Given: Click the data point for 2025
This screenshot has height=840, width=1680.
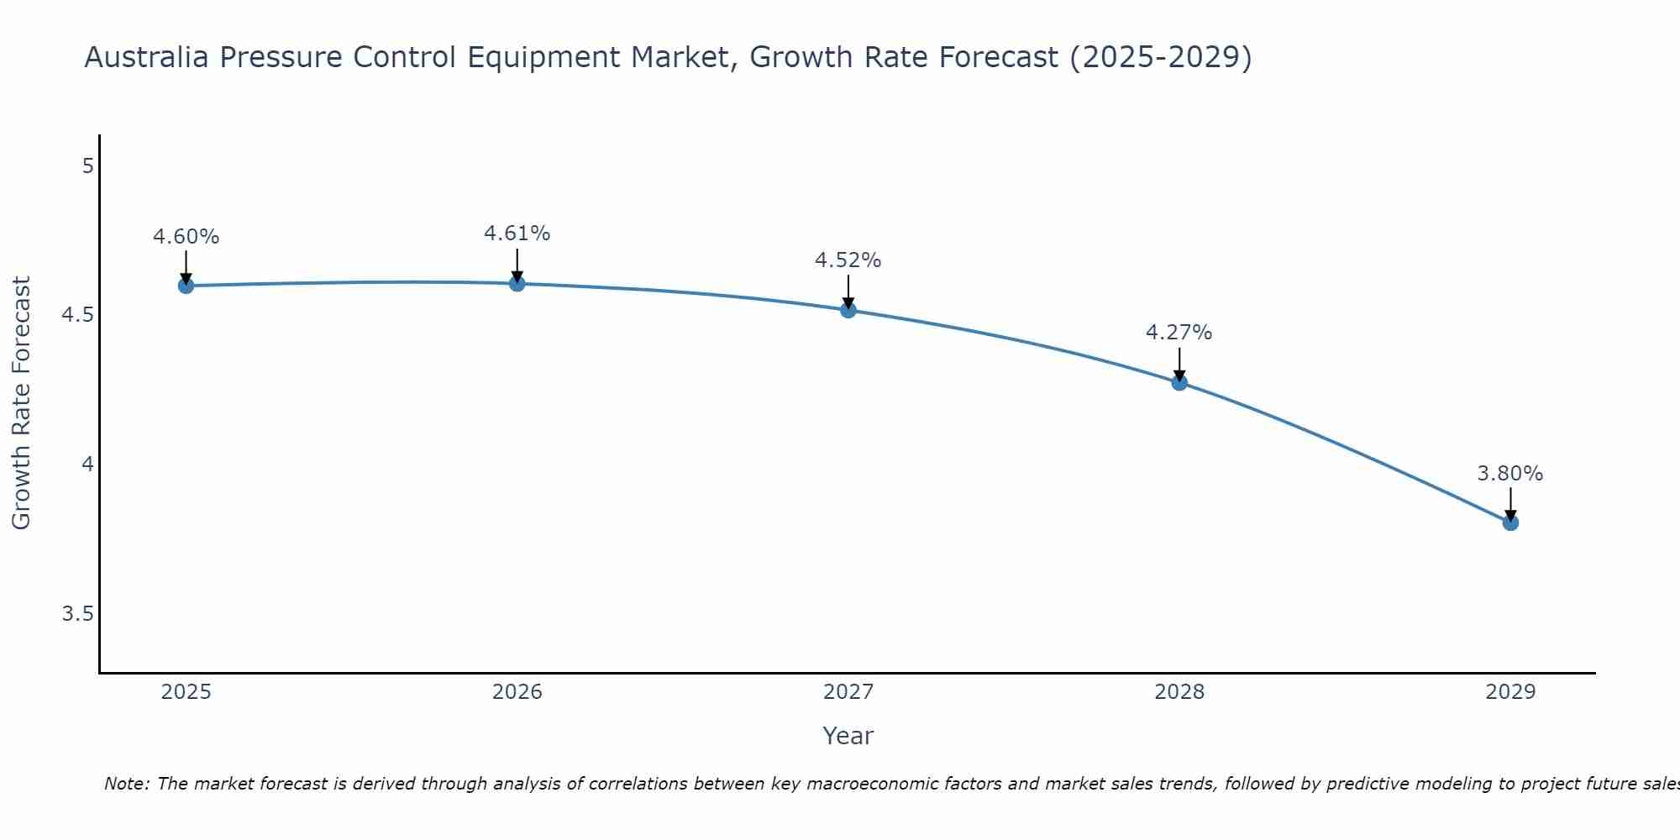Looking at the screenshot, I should click(186, 286).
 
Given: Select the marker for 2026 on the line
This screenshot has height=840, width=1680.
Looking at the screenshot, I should click(517, 284).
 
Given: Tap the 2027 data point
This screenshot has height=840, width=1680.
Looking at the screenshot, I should click(848, 310).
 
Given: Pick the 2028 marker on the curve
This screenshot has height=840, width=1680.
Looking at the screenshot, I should click(1179, 383).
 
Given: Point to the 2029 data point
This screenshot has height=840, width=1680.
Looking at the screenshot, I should click(1510, 522).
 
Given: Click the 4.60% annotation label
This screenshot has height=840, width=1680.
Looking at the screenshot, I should click(186, 237).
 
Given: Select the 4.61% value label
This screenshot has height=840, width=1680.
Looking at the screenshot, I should click(517, 234).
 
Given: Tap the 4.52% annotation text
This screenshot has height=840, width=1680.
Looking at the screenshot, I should click(848, 260).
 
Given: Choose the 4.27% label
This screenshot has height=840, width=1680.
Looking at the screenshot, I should click(1179, 333).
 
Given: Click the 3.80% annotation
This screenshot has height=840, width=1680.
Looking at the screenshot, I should click(1510, 474).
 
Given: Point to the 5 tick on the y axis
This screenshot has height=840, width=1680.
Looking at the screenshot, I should click(87, 166).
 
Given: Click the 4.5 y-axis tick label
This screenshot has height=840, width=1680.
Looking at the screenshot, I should click(77, 315).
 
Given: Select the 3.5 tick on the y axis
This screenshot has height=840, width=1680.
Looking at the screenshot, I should click(77, 614).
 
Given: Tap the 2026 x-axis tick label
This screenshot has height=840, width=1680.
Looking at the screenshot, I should click(517, 692).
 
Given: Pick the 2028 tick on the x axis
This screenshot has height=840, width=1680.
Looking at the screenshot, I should click(1179, 692).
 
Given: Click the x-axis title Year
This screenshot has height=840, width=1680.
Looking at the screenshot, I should click(848, 736).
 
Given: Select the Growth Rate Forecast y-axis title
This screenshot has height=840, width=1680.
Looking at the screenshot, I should click(21, 402).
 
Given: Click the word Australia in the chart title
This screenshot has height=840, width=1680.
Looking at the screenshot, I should click(148, 57).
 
